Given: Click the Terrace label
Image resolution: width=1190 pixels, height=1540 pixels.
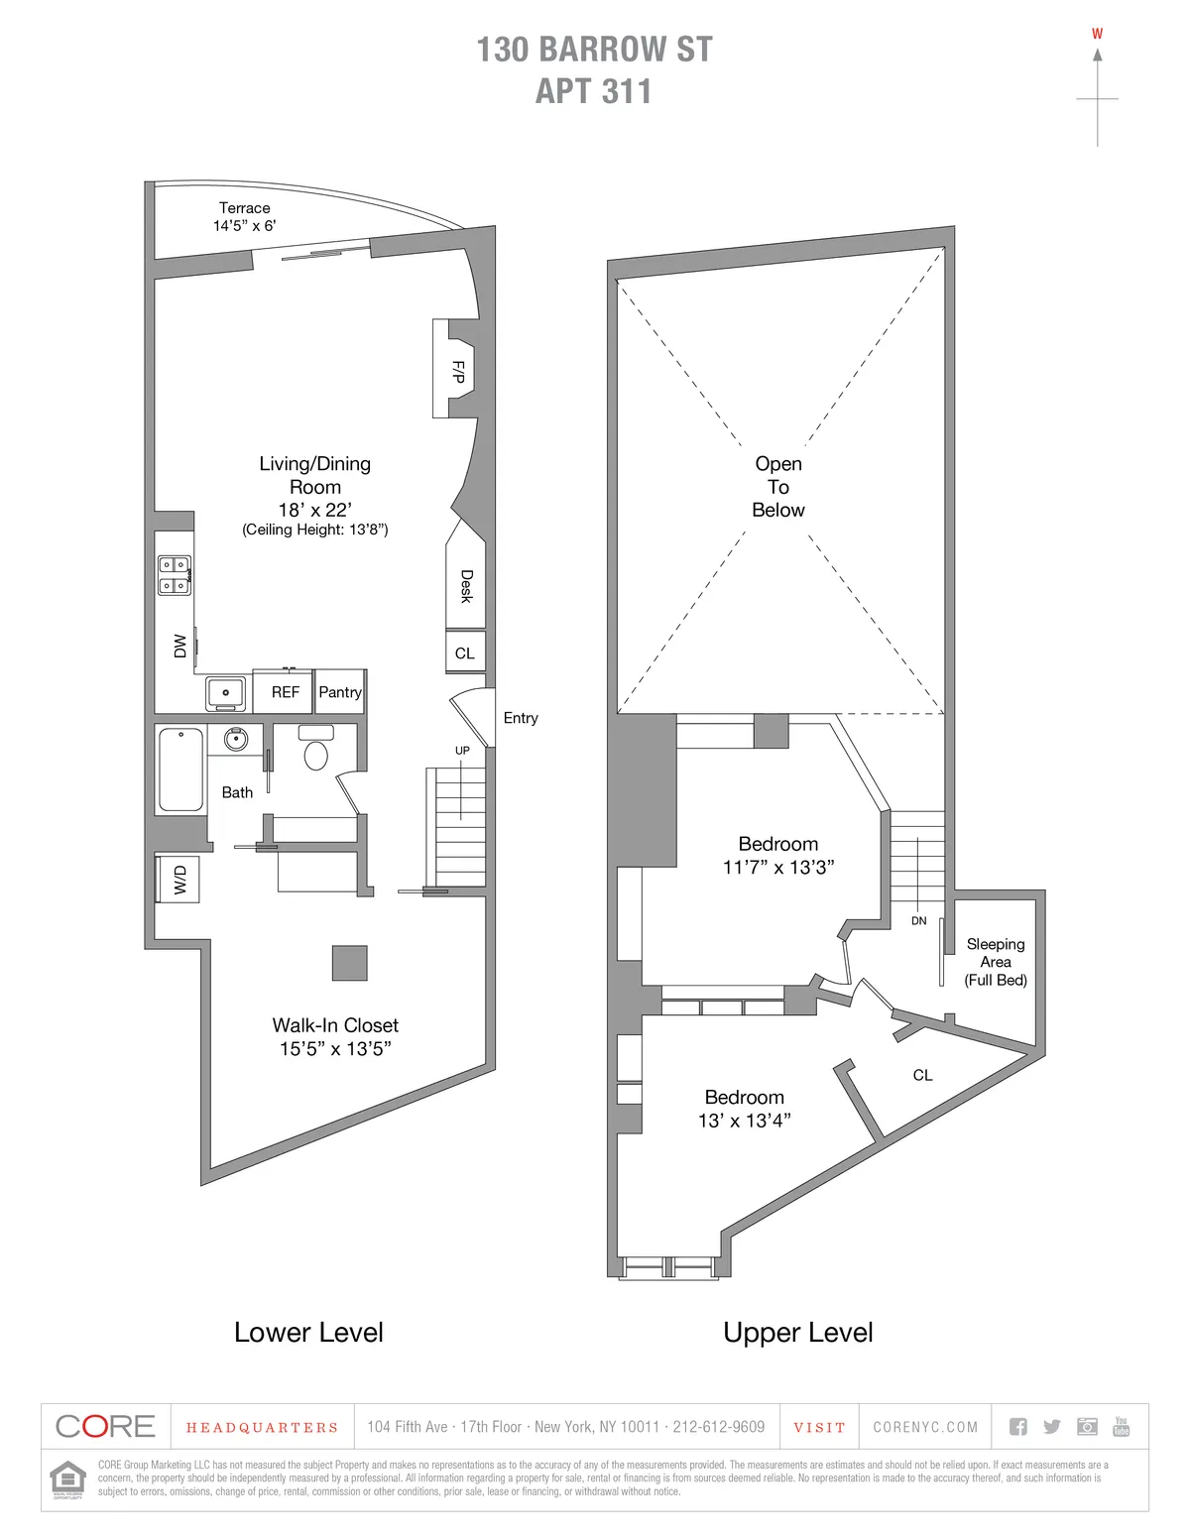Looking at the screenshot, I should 244,208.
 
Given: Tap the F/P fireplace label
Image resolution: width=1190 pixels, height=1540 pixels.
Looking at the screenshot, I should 457,372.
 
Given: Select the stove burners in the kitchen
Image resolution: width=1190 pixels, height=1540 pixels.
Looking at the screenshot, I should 175,574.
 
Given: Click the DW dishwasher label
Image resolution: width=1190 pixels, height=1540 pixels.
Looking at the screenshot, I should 179,646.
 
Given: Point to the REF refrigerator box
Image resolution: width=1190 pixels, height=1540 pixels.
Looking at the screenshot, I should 285,692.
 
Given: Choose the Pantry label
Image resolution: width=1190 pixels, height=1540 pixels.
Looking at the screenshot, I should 339,692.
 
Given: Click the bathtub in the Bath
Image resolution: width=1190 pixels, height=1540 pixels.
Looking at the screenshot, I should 180,769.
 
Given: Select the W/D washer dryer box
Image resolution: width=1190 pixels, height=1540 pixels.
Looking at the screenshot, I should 179,879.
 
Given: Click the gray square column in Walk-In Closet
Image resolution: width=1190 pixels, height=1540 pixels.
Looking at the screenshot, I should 349,963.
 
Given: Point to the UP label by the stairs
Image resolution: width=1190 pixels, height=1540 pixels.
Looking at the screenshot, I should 462,751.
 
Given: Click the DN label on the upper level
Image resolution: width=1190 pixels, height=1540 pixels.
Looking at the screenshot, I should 918,921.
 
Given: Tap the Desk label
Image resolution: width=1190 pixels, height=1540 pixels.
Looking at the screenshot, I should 466,586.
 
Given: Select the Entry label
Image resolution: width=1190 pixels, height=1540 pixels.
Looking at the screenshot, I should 520,718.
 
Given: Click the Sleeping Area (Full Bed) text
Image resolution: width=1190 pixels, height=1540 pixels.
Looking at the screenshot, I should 996,962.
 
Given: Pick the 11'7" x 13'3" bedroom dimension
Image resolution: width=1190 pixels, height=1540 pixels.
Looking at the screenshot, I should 777,868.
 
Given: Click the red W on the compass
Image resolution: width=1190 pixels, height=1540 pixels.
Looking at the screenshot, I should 1097,34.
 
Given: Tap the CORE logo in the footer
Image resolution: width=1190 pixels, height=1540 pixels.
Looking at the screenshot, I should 105,1427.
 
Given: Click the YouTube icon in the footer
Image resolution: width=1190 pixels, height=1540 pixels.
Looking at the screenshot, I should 1121,1426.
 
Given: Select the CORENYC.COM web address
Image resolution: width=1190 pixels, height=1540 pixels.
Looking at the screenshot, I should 925,1427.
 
